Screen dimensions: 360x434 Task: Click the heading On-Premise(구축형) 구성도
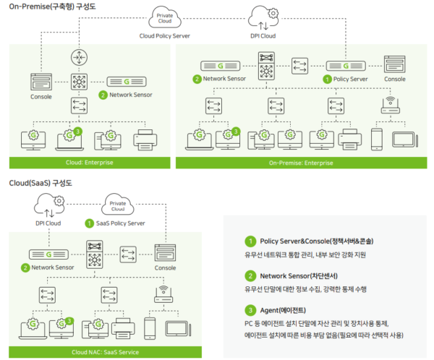[x=53, y=7]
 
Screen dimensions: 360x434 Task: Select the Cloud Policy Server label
[x=166, y=34]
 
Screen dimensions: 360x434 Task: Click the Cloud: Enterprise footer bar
[x=89, y=162]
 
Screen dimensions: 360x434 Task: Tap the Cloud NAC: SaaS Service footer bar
[x=109, y=352]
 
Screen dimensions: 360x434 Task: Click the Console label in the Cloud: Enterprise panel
[x=41, y=95]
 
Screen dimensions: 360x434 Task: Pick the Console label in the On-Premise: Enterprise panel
[x=395, y=79]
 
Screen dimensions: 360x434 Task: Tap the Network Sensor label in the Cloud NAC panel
[x=55, y=267]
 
